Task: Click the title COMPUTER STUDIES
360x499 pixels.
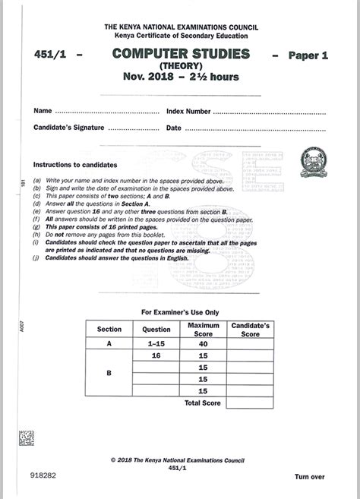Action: (x=180, y=54)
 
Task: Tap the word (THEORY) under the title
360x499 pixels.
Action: (x=180, y=66)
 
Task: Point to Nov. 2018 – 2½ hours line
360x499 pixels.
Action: (x=180, y=77)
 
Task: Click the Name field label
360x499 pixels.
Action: (x=43, y=111)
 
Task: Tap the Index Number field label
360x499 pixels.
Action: (x=188, y=111)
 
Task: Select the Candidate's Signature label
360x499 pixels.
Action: (x=69, y=128)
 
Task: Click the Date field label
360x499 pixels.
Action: (x=173, y=128)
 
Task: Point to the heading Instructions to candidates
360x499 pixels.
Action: (x=74, y=164)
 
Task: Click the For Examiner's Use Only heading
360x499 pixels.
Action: (x=180, y=312)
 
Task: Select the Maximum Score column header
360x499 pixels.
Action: (x=203, y=330)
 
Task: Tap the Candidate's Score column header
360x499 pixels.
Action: (x=250, y=330)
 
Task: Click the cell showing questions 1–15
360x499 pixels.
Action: (x=156, y=344)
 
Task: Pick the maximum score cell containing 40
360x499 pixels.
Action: (x=203, y=344)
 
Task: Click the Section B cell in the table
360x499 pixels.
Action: (x=109, y=372)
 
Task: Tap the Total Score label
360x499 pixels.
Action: (x=203, y=403)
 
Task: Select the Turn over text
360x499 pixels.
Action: (x=310, y=476)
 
